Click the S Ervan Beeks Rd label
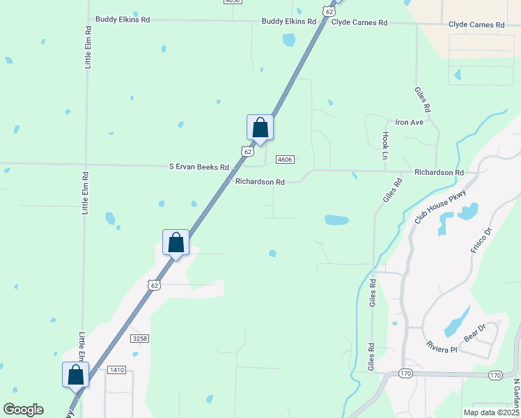pyautogui.click(x=199, y=167)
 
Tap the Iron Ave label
pyautogui.click(x=410, y=123)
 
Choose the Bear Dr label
pyautogui.click(x=474, y=331)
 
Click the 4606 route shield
pyautogui.click(x=284, y=160)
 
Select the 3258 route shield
pyautogui.click(x=139, y=338)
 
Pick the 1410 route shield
pyautogui.click(x=117, y=370)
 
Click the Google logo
pyautogui.click(x=23, y=410)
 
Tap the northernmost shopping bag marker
pyautogui.click(x=260, y=128)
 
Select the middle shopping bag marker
pyautogui.click(x=176, y=243)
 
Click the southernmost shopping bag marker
pyautogui.click(x=75, y=375)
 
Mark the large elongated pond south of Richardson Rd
pyautogui.click(x=336, y=220)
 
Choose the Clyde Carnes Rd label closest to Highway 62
pyautogui.click(x=359, y=23)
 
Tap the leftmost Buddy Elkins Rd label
pyautogui.click(x=123, y=20)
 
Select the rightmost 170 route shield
pyautogui.click(x=495, y=375)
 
